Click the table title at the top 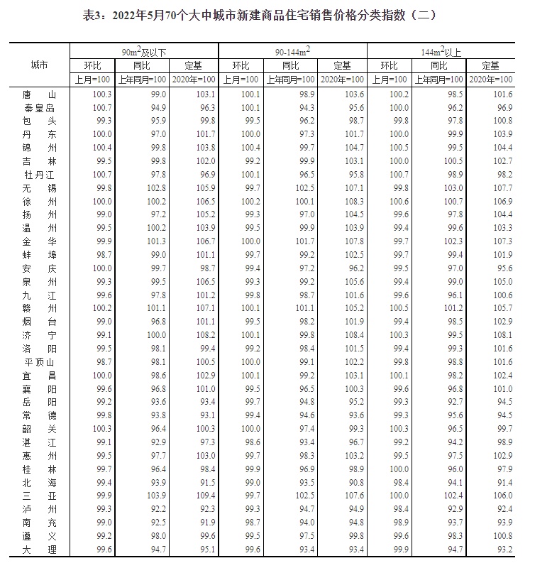coord(275,14)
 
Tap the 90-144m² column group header coord(292,50)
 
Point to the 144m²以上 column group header coord(441,50)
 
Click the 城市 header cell coord(40,65)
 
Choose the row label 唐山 coord(40,94)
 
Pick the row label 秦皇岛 coord(40,107)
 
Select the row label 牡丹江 coord(40,174)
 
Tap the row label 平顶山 coord(40,362)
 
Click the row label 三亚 coord(40,496)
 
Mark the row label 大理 coord(40,549)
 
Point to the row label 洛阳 coord(40,349)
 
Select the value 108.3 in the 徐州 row coord(342,201)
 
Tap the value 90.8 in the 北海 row coord(342,482)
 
